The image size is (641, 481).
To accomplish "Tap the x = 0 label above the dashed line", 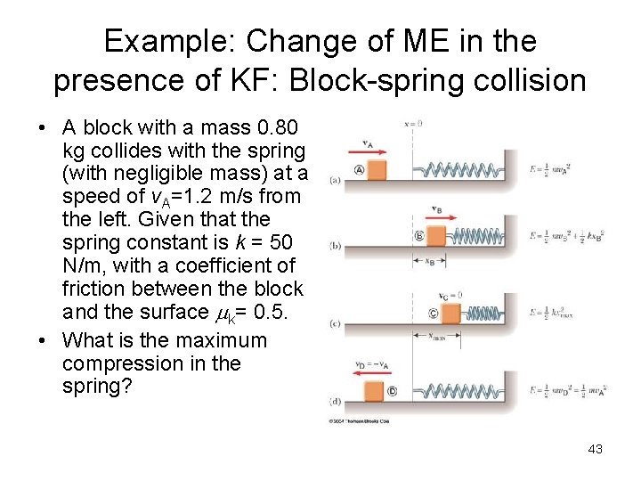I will (x=412, y=123).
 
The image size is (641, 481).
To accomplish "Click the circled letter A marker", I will (x=359, y=169).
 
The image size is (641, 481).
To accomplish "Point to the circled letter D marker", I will (x=393, y=391).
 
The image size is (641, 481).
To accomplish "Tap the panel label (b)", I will (x=335, y=245).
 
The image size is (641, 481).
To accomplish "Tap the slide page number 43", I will (x=595, y=449).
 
